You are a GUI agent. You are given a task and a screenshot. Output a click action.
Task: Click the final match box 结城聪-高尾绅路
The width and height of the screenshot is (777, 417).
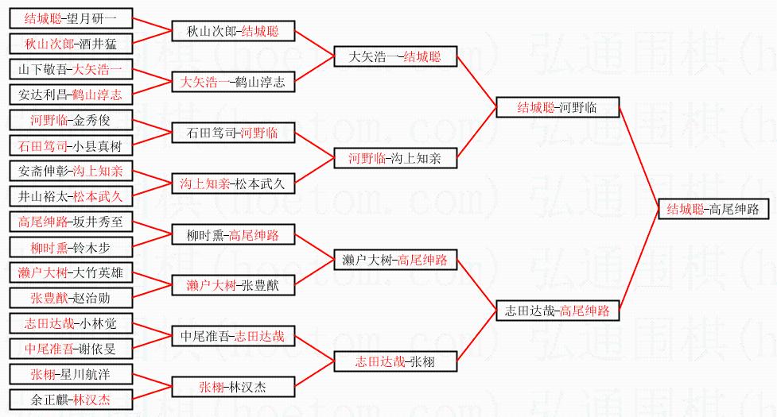[713, 210]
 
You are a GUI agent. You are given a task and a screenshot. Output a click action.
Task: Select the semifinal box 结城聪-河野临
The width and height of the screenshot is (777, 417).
[557, 107]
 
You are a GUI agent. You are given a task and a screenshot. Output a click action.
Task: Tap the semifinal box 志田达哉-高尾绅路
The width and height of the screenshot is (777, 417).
[557, 311]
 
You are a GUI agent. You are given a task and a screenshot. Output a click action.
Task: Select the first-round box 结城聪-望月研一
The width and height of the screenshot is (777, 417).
[70, 18]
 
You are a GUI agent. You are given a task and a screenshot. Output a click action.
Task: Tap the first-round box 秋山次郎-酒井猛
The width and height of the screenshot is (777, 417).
[70, 44]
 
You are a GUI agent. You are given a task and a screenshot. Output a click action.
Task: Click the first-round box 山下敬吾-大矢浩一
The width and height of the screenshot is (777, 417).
[70, 69]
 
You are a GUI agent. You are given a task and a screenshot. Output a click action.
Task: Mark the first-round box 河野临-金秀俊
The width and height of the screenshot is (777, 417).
[70, 121]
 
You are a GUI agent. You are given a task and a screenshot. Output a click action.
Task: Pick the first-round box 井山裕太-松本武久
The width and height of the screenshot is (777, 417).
[70, 196]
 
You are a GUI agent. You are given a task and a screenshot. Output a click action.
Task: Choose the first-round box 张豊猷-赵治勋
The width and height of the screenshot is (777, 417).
[70, 298]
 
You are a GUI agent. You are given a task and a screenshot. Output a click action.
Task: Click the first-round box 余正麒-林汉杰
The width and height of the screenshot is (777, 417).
[70, 400]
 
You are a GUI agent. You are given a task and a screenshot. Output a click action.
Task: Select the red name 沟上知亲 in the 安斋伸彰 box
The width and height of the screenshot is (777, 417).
[97, 171]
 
